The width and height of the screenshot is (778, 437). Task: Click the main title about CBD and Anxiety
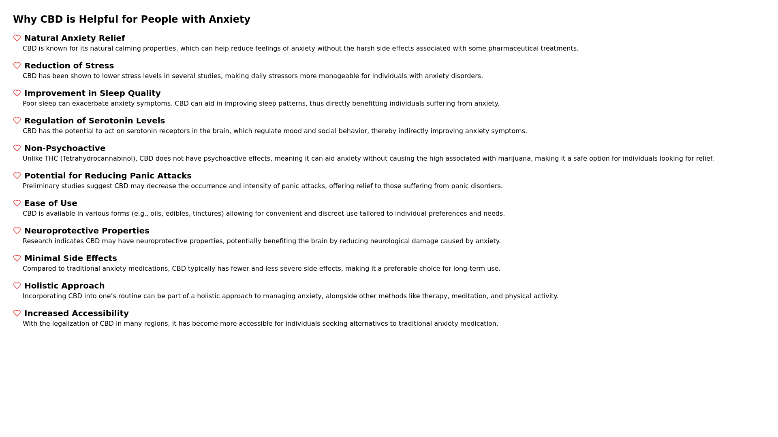(x=132, y=19)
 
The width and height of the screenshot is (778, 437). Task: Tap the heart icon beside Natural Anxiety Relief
(x=17, y=38)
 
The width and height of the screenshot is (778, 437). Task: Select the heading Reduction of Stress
(x=69, y=66)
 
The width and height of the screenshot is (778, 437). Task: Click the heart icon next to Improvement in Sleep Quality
(x=17, y=93)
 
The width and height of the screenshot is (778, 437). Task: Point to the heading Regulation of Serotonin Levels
(x=94, y=121)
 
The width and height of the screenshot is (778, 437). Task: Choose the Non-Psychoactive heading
(x=65, y=148)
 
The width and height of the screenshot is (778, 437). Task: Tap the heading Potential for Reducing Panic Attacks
(x=108, y=176)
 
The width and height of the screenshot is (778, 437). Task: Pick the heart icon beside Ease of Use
(x=17, y=203)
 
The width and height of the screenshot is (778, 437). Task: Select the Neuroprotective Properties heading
(x=87, y=231)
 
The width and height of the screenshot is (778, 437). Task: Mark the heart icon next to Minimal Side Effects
(x=17, y=258)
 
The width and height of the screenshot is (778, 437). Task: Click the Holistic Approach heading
(x=64, y=286)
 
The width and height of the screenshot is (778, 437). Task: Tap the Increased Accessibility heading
(x=77, y=313)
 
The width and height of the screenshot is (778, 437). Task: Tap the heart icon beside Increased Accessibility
(x=17, y=313)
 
